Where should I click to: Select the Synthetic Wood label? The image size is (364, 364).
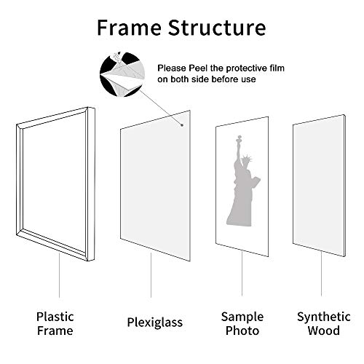point(318,324)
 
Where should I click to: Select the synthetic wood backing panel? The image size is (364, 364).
point(318,186)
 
